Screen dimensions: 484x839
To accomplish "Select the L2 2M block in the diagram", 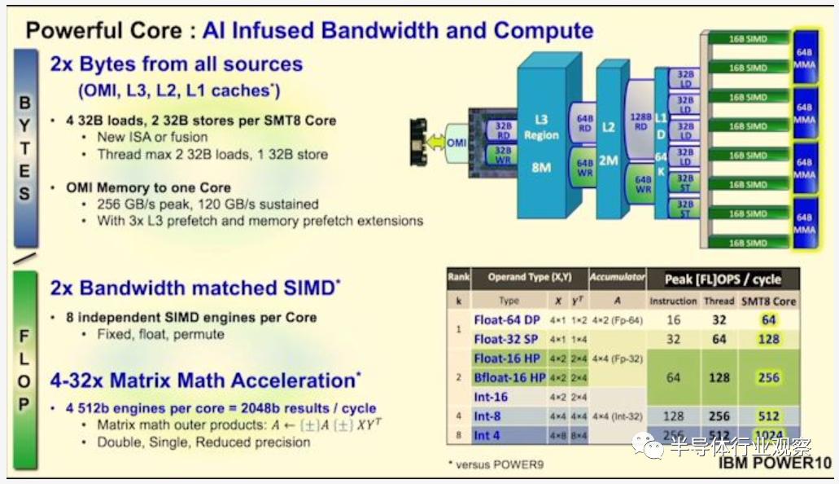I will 608,151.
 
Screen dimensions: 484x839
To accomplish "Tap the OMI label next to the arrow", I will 457,143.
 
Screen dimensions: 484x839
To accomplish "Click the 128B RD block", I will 641,121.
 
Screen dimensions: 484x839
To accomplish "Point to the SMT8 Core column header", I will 769,301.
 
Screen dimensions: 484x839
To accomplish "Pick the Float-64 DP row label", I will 507,320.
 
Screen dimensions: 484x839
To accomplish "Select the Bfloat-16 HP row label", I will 509,378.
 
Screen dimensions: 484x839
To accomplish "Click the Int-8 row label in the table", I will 487,416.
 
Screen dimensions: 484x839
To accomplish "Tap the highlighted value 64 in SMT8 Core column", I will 768,320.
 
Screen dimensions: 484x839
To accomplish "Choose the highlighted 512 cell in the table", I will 768,416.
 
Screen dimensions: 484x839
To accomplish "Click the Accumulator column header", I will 616,277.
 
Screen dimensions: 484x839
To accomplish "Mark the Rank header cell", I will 458,277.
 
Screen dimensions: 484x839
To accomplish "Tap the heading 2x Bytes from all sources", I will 176,64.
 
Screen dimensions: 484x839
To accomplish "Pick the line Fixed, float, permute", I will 161,334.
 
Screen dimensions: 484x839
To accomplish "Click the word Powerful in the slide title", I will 73,31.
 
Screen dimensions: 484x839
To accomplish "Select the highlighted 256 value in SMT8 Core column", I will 768,378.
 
